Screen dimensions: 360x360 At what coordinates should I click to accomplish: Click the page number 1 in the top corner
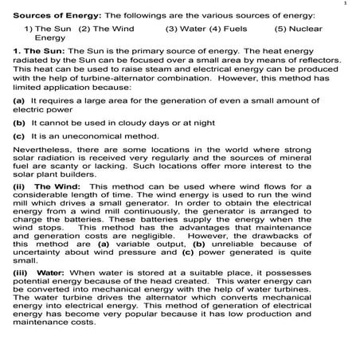coord(346,5)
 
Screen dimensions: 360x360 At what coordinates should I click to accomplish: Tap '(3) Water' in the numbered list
coord(185,29)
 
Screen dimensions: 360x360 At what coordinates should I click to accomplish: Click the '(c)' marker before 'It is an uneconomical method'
coord(18,136)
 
